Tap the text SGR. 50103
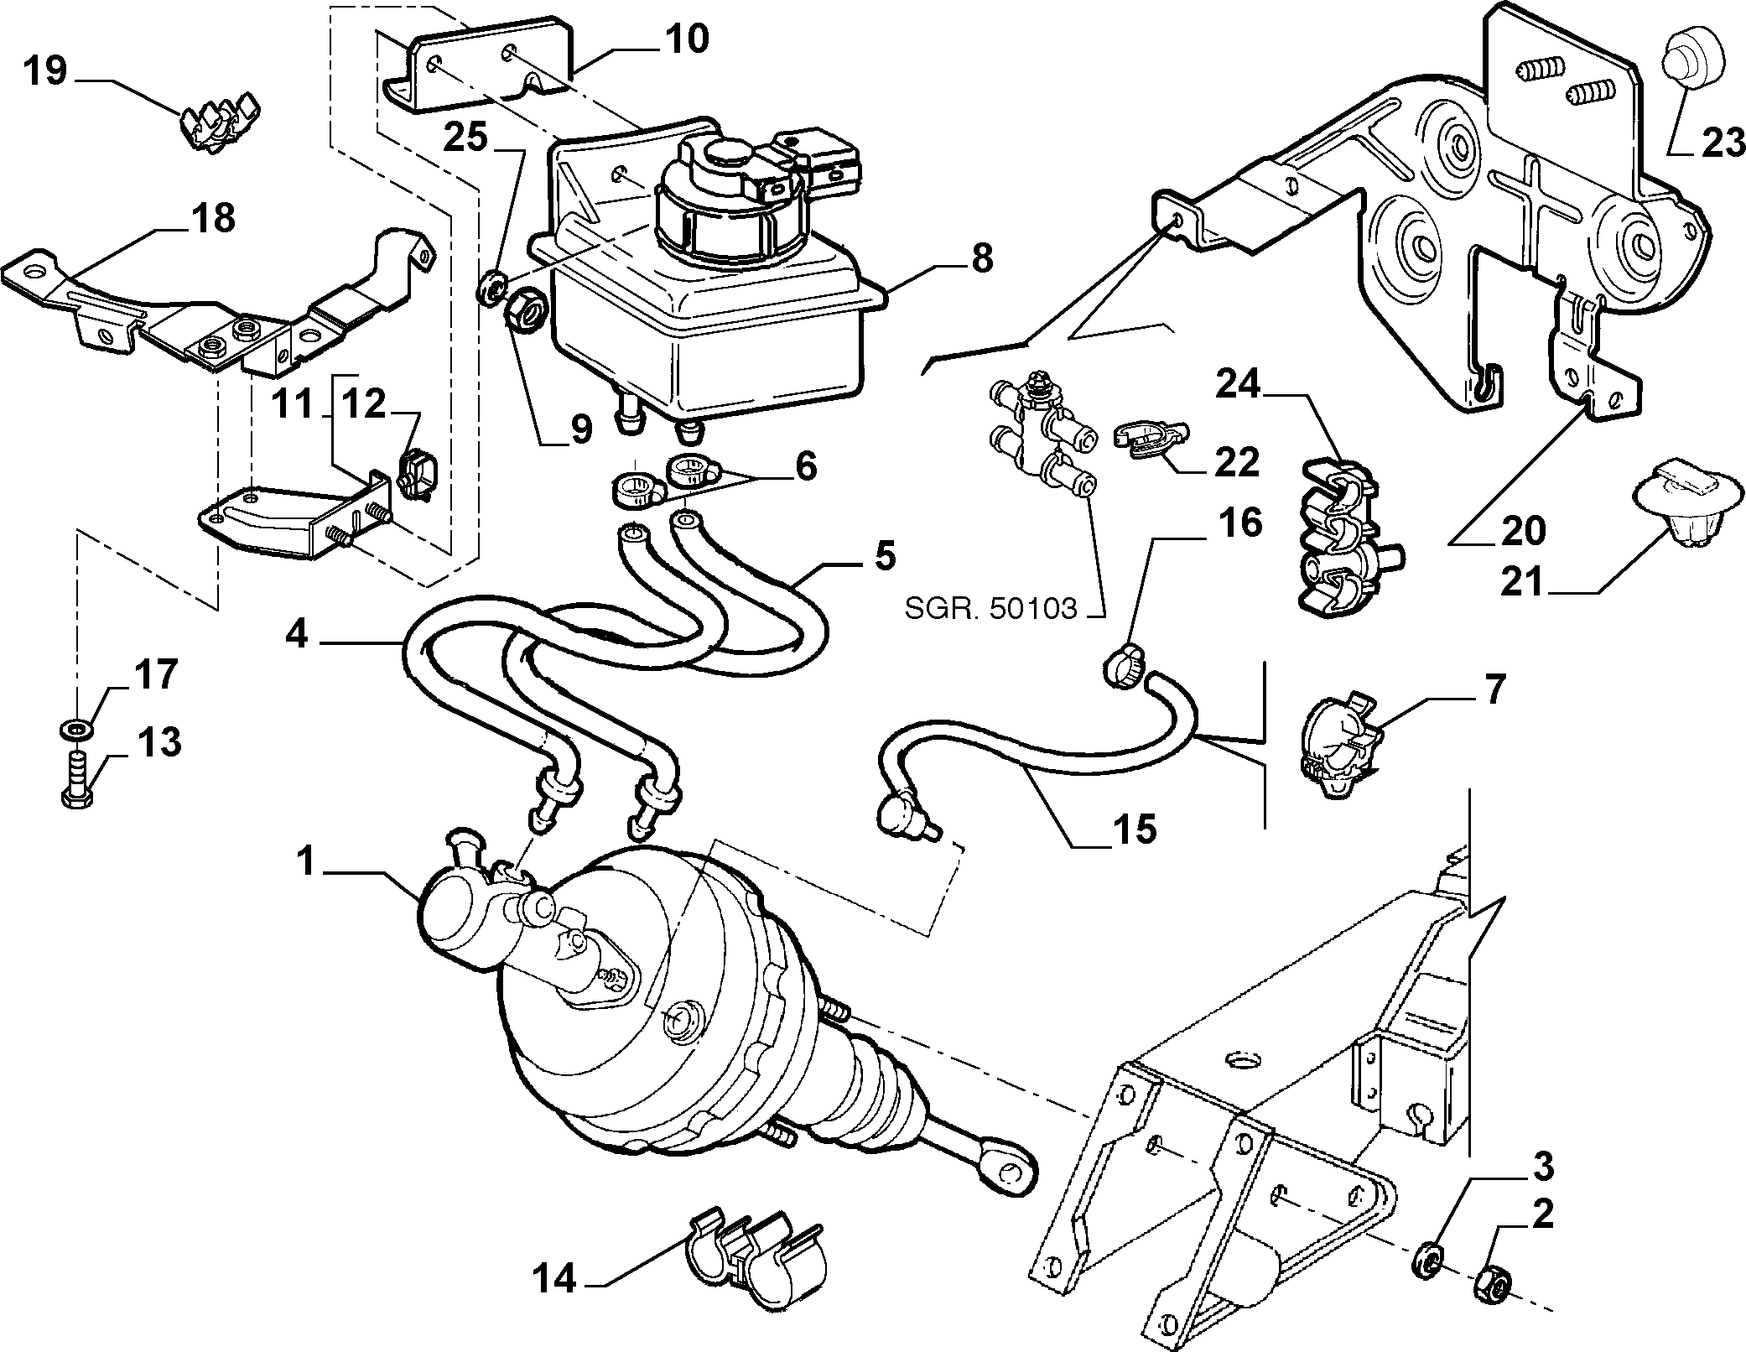point(990,607)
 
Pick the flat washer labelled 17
point(77,727)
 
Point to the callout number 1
point(307,862)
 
